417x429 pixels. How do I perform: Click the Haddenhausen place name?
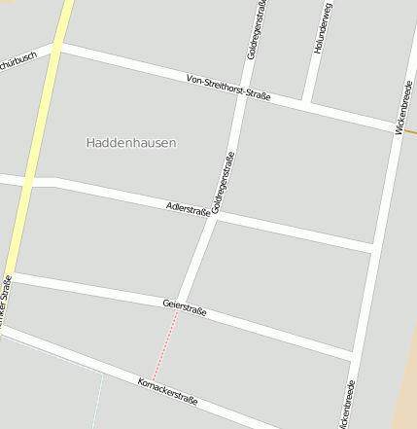[x=131, y=143]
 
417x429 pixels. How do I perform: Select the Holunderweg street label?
[x=323, y=27]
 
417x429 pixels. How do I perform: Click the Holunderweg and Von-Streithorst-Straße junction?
[x=307, y=102]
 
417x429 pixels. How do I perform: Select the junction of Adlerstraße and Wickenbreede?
[x=373, y=249]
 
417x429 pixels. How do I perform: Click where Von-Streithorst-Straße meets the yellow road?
[x=56, y=45]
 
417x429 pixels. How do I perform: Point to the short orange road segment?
[x=410, y=130]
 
